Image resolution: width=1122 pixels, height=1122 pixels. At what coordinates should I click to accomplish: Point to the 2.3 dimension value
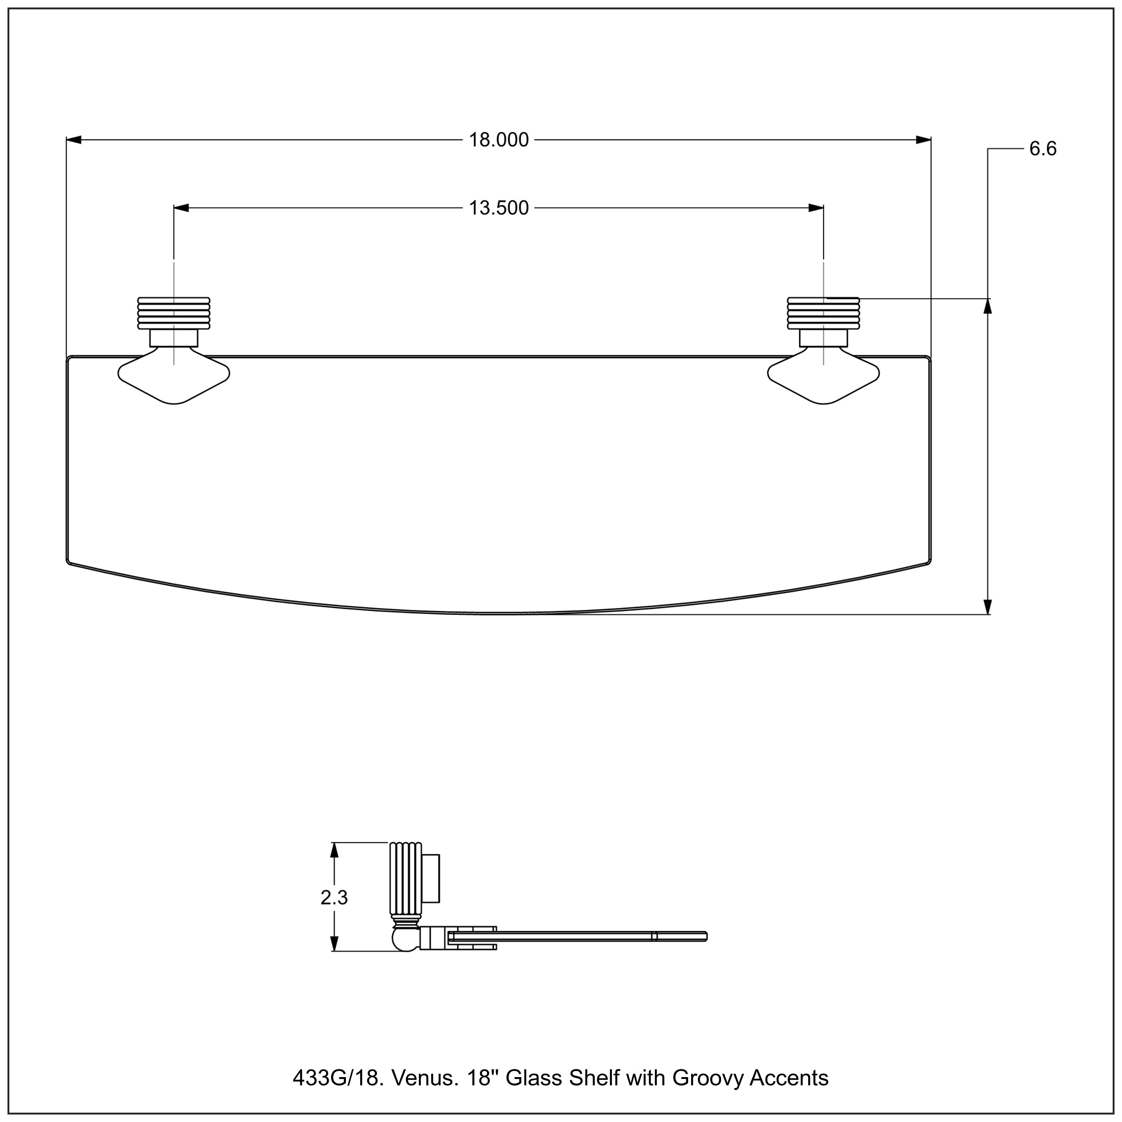[x=334, y=898]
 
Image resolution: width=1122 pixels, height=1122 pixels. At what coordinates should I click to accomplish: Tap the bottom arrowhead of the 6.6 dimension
[x=987, y=606]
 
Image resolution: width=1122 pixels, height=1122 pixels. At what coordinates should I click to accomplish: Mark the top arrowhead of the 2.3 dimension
[x=334, y=850]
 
